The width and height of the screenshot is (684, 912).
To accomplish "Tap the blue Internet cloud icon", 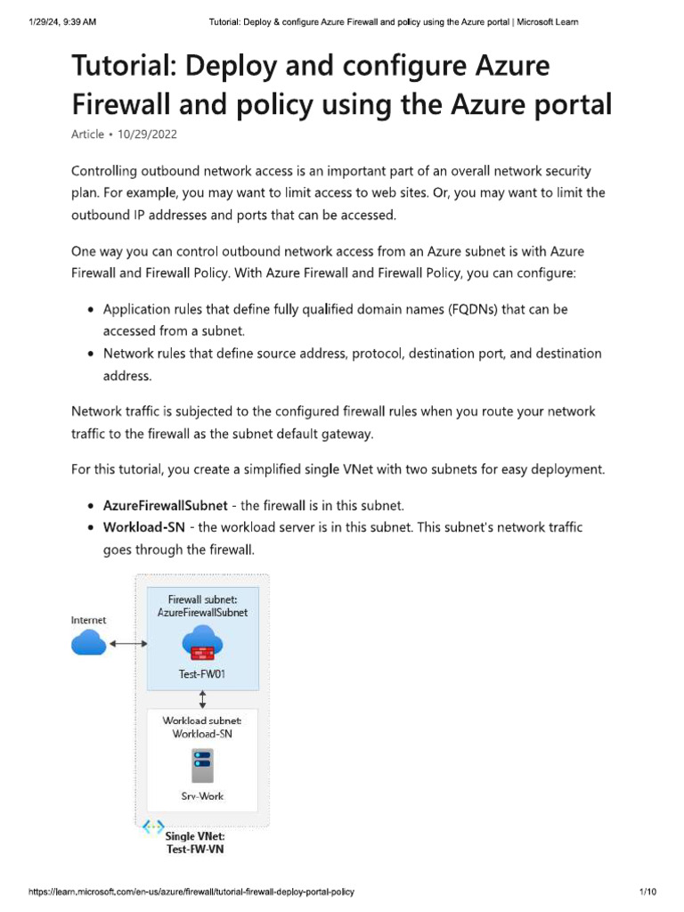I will point(88,641).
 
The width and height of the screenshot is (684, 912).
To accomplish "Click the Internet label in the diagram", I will point(88,620).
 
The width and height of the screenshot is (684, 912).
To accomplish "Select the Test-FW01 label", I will point(202,674).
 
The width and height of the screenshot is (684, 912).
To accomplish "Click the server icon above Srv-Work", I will point(202,764).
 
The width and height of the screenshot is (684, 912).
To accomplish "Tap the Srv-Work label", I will point(202,795).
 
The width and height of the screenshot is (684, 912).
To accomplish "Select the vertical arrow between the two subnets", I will point(203,698).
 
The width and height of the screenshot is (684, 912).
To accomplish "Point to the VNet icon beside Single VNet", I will point(153,827).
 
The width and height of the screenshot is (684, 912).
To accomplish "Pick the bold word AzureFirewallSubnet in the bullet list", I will point(166,505).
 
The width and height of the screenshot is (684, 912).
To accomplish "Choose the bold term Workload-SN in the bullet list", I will point(144,527).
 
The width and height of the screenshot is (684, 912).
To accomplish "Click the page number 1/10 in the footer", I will point(647,892).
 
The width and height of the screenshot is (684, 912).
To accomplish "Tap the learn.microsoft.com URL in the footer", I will point(197,892).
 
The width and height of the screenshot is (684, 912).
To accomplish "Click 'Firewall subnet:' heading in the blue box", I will point(202,599).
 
